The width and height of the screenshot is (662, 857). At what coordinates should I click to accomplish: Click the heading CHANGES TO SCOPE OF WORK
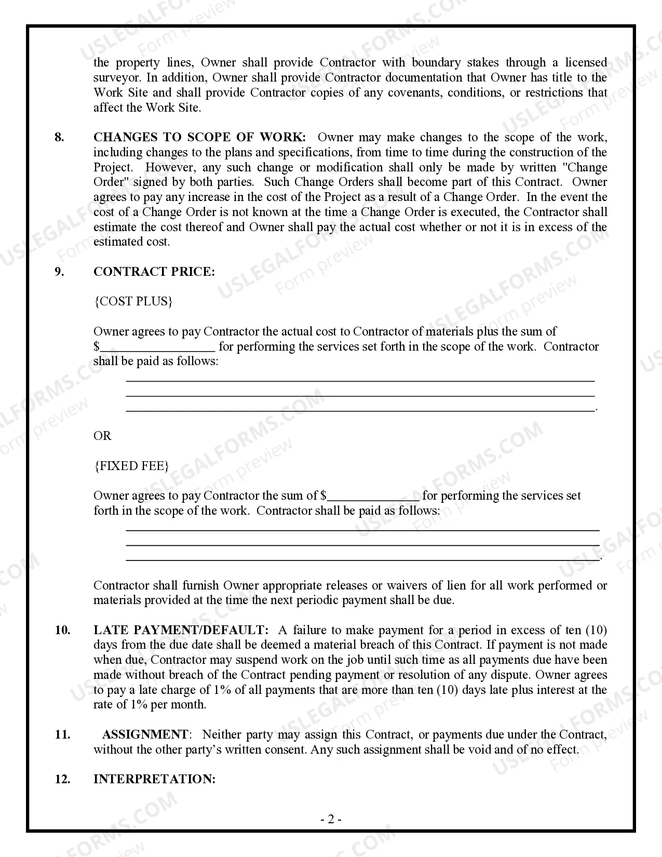click(199, 137)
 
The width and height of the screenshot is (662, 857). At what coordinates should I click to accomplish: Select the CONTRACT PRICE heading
click(154, 272)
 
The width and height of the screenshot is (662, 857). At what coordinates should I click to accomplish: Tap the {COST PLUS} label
click(133, 302)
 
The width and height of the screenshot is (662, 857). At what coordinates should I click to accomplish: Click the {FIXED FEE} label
click(131, 466)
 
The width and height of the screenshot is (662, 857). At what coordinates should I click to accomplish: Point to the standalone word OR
click(102, 436)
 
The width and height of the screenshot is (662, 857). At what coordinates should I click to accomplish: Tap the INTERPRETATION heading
click(154, 779)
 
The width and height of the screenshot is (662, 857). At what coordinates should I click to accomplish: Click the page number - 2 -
click(330, 820)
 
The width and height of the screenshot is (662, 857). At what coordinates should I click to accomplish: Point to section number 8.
click(60, 137)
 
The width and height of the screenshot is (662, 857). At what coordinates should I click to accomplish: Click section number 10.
click(62, 630)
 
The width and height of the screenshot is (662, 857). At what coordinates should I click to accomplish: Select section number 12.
click(62, 779)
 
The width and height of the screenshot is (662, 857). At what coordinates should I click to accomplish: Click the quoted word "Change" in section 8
click(585, 167)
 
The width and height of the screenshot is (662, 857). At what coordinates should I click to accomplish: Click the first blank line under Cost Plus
click(360, 381)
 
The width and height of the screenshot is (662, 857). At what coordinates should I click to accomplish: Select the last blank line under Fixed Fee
click(363, 560)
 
